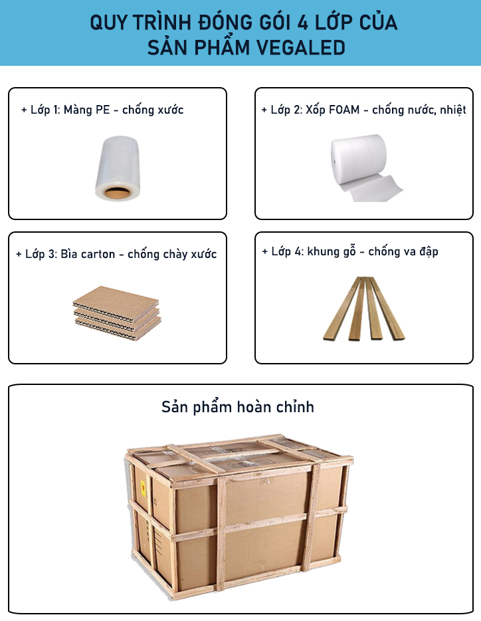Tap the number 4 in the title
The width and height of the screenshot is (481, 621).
click(302, 22)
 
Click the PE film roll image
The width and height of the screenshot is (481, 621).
click(118, 168)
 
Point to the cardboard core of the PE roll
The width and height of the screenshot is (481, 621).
click(117, 193)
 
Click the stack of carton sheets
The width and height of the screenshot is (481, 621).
click(117, 313)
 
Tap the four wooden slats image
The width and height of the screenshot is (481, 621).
click(363, 309)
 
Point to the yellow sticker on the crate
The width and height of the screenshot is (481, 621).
click(144, 489)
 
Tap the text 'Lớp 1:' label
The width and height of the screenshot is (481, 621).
click(46, 110)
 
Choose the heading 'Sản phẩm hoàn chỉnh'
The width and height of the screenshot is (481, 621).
click(238, 407)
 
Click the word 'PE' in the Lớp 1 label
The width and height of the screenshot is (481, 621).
click(103, 110)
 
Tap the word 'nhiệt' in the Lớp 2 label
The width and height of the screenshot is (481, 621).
click(453, 110)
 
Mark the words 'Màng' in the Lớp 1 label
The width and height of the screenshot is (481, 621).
click(78, 110)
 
